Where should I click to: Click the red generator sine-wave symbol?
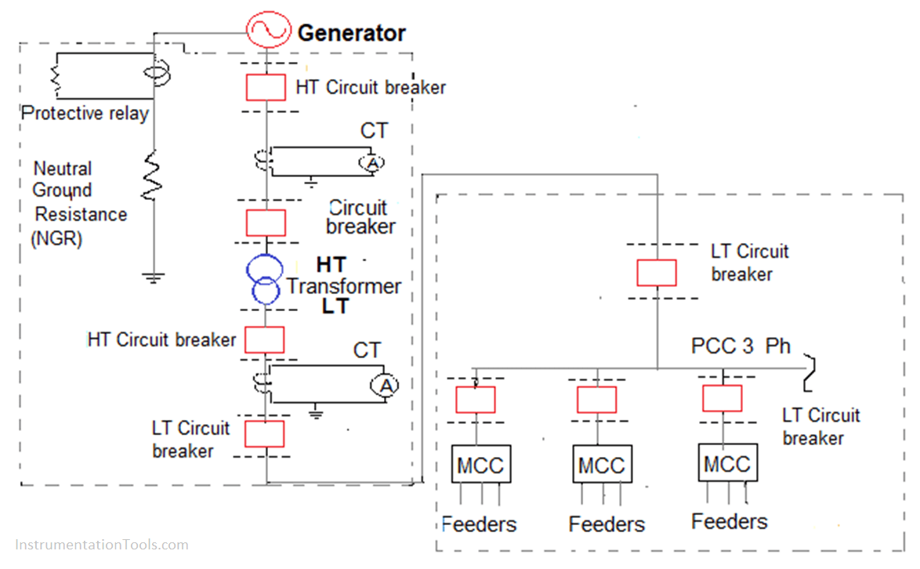(x=268, y=32)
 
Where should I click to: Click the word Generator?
(x=351, y=33)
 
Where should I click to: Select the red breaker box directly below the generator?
(x=266, y=87)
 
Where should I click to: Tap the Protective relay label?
(x=85, y=114)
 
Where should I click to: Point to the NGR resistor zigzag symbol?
(x=153, y=177)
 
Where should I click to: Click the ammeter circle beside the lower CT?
(x=384, y=385)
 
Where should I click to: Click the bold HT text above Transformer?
(x=331, y=264)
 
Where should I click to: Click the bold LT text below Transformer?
(x=335, y=307)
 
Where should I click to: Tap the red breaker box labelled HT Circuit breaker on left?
(x=265, y=339)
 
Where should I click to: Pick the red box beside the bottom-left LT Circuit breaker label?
(x=265, y=433)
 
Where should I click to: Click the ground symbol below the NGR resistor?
(x=153, y=276)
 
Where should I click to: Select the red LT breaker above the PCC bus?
(x=656, y=272)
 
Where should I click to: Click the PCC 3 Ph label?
(x=741, y=346)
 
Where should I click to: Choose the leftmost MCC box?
(x=480, y=465)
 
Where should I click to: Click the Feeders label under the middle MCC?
(x=607, y=524)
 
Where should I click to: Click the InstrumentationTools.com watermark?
(x=101, y=544)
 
